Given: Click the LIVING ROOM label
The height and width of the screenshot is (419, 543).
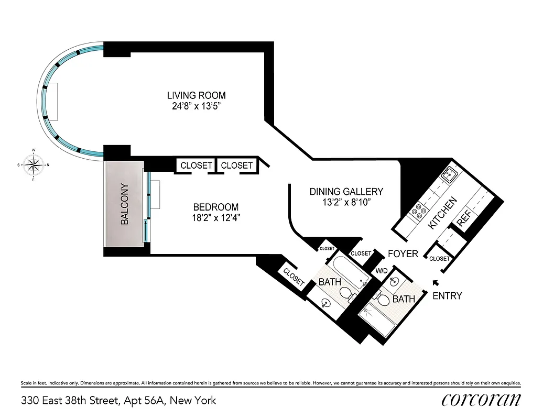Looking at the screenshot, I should pos(196,95).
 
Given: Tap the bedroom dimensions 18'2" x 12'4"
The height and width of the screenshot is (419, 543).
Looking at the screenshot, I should pos(215,217).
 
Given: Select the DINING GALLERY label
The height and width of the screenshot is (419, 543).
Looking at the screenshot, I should pos(346,192).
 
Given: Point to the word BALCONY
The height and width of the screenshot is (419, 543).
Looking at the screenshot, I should pos(124,204).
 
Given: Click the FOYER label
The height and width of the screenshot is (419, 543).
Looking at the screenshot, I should pos(403,254).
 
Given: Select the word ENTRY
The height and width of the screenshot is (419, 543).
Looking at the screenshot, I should pos(447,296).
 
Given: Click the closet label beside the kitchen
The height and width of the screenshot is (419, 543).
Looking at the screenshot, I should pos(439,259).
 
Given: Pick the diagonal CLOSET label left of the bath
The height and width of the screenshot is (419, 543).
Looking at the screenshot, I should pos(293,277).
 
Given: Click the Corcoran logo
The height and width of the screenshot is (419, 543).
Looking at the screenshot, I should pos(481,401).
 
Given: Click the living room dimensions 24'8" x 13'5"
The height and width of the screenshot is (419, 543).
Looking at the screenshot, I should pos(196,106).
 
